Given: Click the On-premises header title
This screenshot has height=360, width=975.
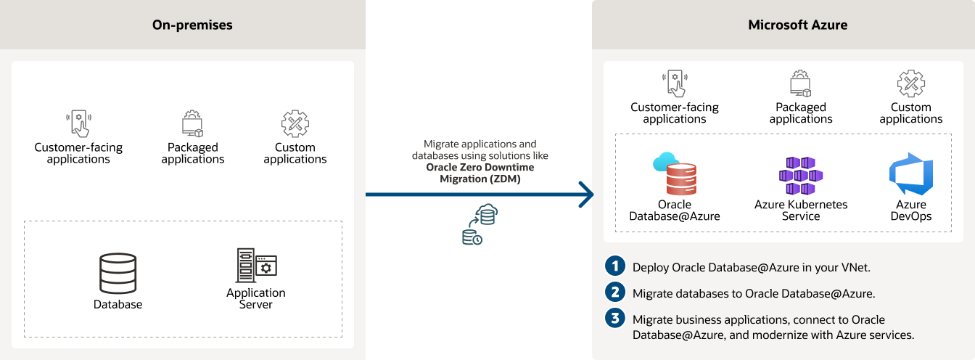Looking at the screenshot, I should pyautogui.click(x=192, y=25).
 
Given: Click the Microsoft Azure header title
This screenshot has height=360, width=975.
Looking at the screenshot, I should pyautogui.click(x=797, y=25).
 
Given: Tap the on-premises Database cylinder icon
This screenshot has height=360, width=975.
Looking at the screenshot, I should pyautogui.click(x=118, y=273).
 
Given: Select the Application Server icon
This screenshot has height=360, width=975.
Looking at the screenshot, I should pyautogui.click(x=256, y=266).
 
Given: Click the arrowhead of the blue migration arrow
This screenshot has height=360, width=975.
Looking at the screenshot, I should pyautogui.click(x=586, y=195).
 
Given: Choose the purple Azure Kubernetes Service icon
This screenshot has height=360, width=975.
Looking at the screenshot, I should pyautogui.click(x=800, y=175).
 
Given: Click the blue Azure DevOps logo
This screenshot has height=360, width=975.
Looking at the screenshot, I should pyautogui.click(x=910, y=174).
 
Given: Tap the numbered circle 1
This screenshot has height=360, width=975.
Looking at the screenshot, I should pyautogui.click(x=614, y=266).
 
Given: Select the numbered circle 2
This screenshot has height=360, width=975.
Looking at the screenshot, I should pyautogui.click(x=614, y=292).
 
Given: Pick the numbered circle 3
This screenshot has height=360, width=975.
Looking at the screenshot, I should pyautogui.click(x=614, y=319).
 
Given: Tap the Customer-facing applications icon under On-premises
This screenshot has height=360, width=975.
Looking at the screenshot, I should pyautogui.click(x=78, y=123).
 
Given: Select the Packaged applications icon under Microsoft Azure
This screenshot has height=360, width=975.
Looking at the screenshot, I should pyautogui.click(x=800, y=84).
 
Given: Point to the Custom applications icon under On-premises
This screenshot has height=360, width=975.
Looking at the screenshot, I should pyautogui.click(x=295, y=123).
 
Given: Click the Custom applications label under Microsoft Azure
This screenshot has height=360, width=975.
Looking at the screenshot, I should pyautogui.click(x=910, y=112).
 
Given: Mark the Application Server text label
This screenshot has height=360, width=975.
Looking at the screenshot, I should pyautogui.click(x=256, y=298).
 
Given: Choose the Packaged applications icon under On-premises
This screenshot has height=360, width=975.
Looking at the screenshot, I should pyautogui.click(x=192, y=123).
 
